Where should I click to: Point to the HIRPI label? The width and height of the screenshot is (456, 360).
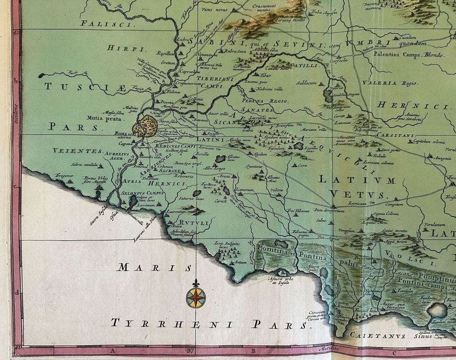[x=118, y=48]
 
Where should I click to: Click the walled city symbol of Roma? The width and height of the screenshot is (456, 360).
[x=147, y=127]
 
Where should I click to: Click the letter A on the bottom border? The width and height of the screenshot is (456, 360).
[x=112, y=351]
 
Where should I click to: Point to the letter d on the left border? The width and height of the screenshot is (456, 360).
[x=17, y=292]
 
